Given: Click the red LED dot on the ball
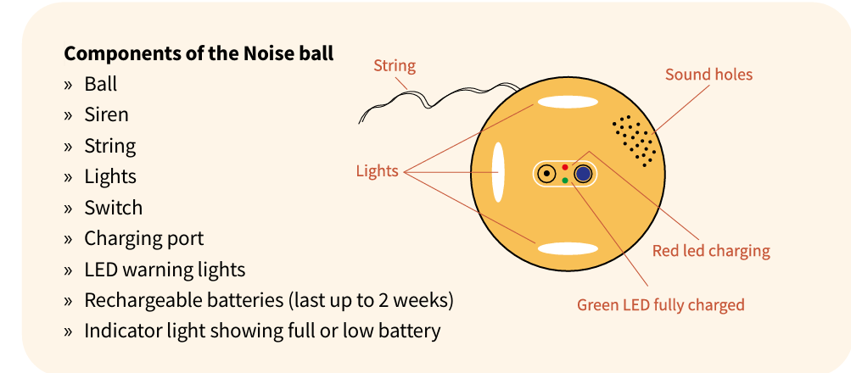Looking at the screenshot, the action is click(x=565, y=167).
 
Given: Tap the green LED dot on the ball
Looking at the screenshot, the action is click(x=565, y=181).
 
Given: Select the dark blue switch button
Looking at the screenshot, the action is click(x=584, y=174).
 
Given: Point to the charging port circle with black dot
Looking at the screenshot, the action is click(x=546, y=174).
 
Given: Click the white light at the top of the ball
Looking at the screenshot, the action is click(x=568, y=102).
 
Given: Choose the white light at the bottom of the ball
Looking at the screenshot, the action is click(x=568, y=249).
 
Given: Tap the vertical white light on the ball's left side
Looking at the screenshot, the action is click(x=498, y=172).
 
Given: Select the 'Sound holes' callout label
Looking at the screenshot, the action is click(x=708, y=75).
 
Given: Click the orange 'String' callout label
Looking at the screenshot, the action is click(x=395, y=66).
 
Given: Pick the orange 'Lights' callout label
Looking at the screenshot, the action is click(x=378, y=170).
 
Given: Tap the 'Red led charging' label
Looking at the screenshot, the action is click(x=711, y=251).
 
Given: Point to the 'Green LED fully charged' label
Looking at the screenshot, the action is click(x=660, y=304).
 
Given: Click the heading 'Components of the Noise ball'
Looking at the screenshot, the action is click(x=199, y=53).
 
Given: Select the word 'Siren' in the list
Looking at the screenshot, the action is click(x=106, y=115).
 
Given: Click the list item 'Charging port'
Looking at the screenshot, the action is click(x=144, y=239).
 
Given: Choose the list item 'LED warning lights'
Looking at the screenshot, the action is click(x=165, y=270).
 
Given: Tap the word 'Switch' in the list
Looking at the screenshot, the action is click(x=114, y=208).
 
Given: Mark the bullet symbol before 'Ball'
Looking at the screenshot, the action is click(x=68, y=85).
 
